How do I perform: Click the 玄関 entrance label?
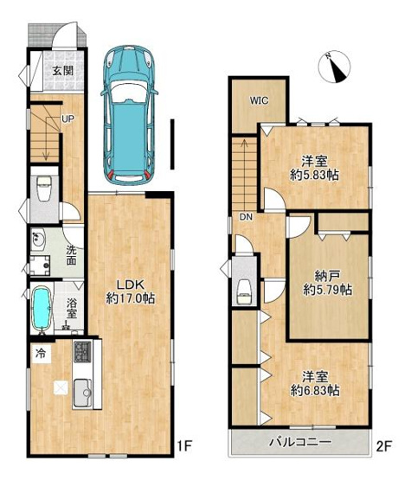click(61, 72)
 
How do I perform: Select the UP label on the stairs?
click(67, 119)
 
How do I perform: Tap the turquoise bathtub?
click(41, 310)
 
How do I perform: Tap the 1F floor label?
click(183, 445)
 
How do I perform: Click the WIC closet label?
click(260, 99)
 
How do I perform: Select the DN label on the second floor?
click(246, 216)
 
